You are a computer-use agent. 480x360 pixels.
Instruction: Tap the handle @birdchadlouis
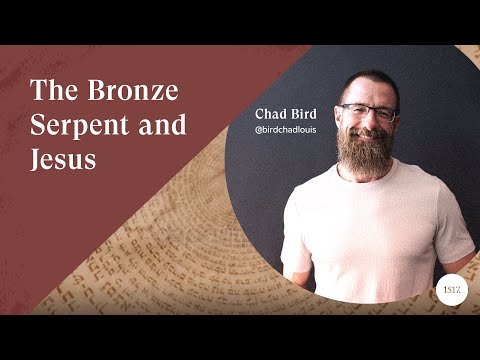[x=293, y=130]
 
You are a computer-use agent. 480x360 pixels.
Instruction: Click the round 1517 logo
[x=451, y=287]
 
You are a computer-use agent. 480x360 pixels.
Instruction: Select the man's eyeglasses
[x=369, y=112]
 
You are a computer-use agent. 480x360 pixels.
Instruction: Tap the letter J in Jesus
[x=37, y=160]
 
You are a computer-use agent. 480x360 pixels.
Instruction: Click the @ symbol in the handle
[x=260, y=130]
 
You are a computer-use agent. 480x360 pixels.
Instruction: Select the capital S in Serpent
[x=38, y=126]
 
